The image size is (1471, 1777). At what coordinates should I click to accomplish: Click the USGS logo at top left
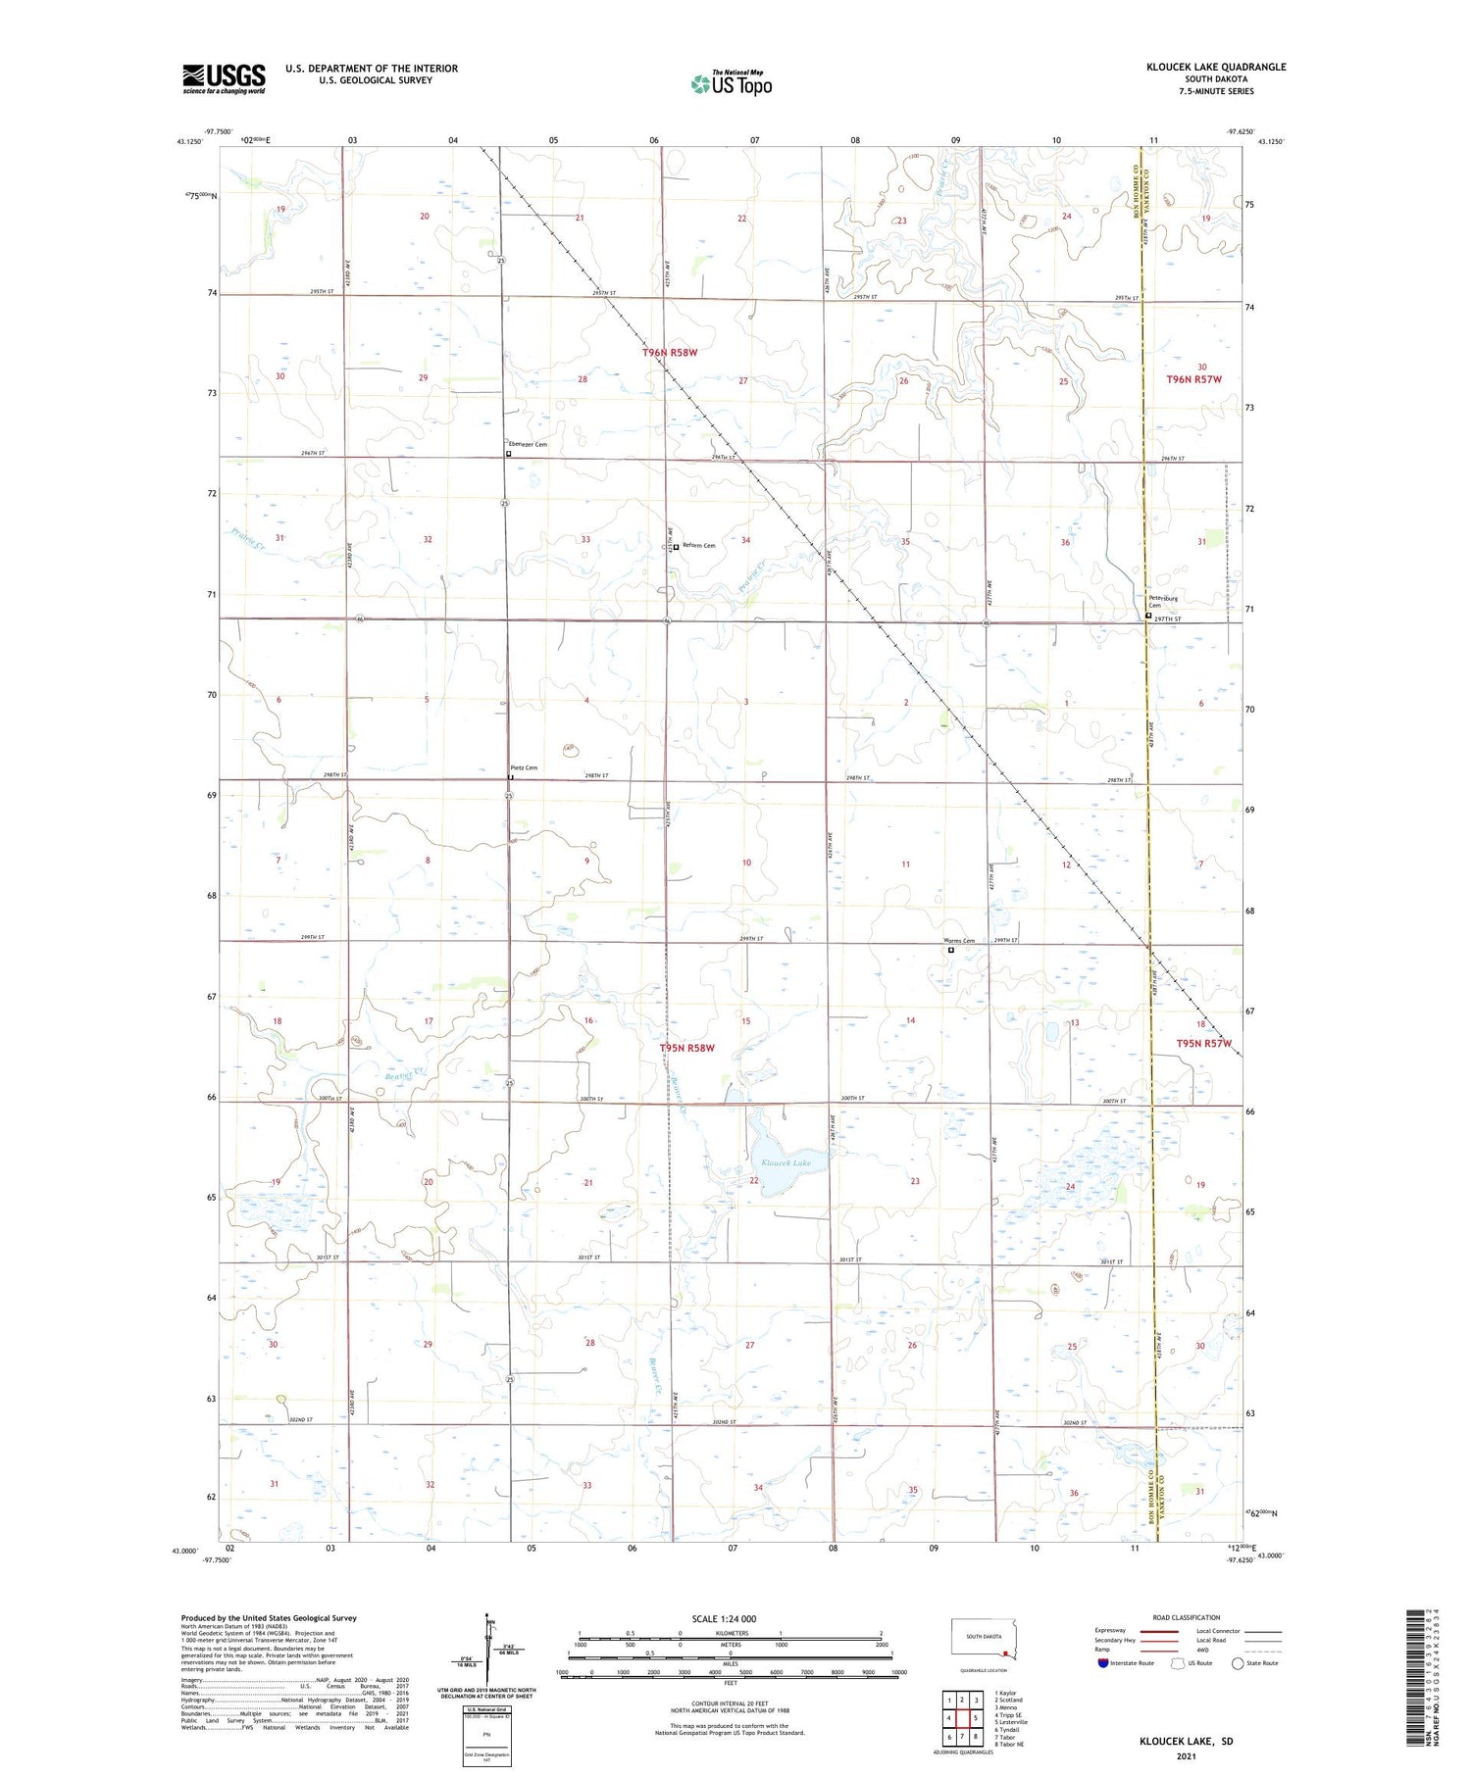click(224, 78)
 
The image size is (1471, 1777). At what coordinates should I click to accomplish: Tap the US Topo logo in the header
click(731, 84)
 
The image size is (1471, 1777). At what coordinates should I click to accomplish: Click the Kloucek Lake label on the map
click(786, 1163)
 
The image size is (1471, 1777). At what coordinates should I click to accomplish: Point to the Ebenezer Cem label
click(528, 445)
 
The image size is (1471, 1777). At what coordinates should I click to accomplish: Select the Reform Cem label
click(698, 546)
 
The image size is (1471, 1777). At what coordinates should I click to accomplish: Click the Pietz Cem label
click(524, 768)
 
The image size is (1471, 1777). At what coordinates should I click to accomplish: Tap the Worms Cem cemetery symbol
click(950, 950)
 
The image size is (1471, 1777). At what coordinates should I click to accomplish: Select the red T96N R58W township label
click(670, 353)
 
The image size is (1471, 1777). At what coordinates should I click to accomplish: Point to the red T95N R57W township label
click(1203, 1044)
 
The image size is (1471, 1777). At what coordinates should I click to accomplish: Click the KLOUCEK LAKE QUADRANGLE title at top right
click(1216, 67)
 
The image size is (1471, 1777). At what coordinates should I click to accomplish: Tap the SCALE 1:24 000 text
click(724, 1619)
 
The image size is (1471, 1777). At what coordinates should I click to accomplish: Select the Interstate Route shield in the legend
click(1103, 1663)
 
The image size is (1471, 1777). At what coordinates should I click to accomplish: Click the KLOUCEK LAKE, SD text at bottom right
click(1186, 1741)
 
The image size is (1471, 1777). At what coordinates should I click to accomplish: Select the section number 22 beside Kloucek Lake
click(754, 1181)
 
